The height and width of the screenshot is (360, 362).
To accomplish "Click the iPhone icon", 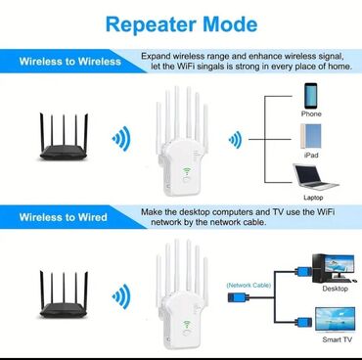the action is point(311,95).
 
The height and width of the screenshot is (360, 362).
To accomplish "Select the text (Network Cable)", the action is point(247,284).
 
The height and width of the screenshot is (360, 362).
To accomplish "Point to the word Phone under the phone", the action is point(311,113).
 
